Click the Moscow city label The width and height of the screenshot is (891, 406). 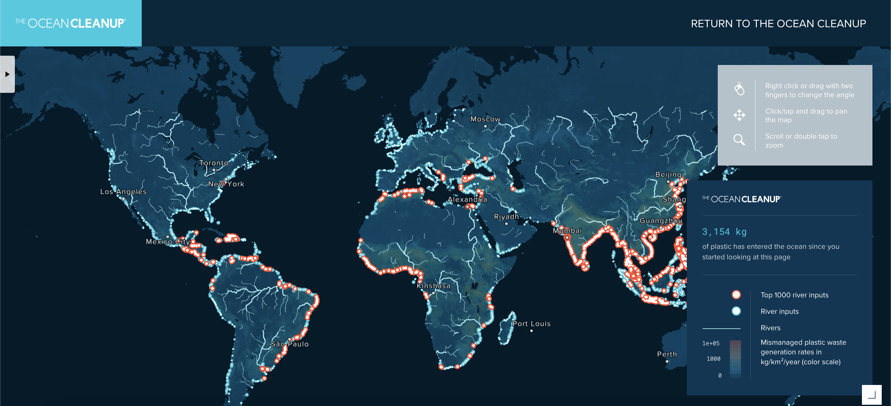coord(485,119)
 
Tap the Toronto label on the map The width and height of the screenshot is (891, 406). coord(214,163)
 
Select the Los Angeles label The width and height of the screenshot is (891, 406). coord(123,192)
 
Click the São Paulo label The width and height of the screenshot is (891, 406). coord(290,344)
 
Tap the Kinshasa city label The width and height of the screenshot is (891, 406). coord(433,286)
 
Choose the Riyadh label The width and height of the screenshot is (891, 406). coord(506,217)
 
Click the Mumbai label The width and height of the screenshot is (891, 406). coord(567,231)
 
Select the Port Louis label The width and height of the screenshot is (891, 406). coord(531,324)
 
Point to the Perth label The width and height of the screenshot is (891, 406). coord(667,354)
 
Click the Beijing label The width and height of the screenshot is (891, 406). coord(668,175)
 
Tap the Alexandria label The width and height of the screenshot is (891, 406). coord(467,200)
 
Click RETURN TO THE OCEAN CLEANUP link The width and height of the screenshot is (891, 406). coord(778,24)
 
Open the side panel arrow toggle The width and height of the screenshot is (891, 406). coord(7,74)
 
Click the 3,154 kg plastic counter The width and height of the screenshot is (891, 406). coord(724,232)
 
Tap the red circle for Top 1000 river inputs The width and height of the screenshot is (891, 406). coord(736,295)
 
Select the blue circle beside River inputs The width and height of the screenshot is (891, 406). coord(736,311)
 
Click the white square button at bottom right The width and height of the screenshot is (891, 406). coord(872,395)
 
